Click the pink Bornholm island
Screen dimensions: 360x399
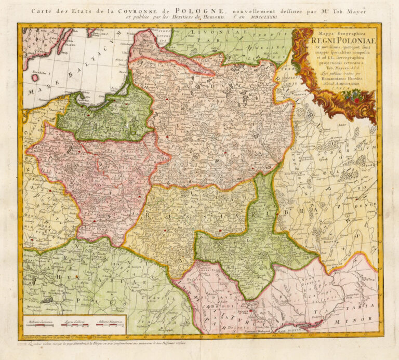(35, 77)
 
